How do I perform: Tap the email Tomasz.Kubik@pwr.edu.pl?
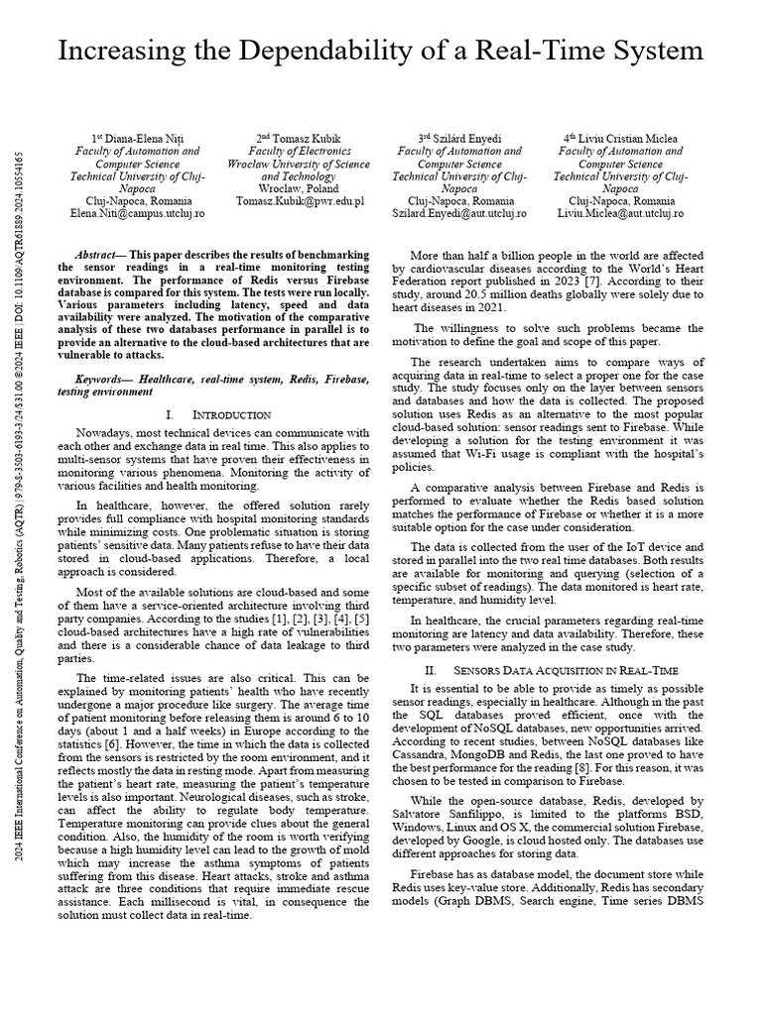300,200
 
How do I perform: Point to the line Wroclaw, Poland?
299,187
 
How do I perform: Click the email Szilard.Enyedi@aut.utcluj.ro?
459,213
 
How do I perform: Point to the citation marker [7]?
620,281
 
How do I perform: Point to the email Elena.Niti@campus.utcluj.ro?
137,213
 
